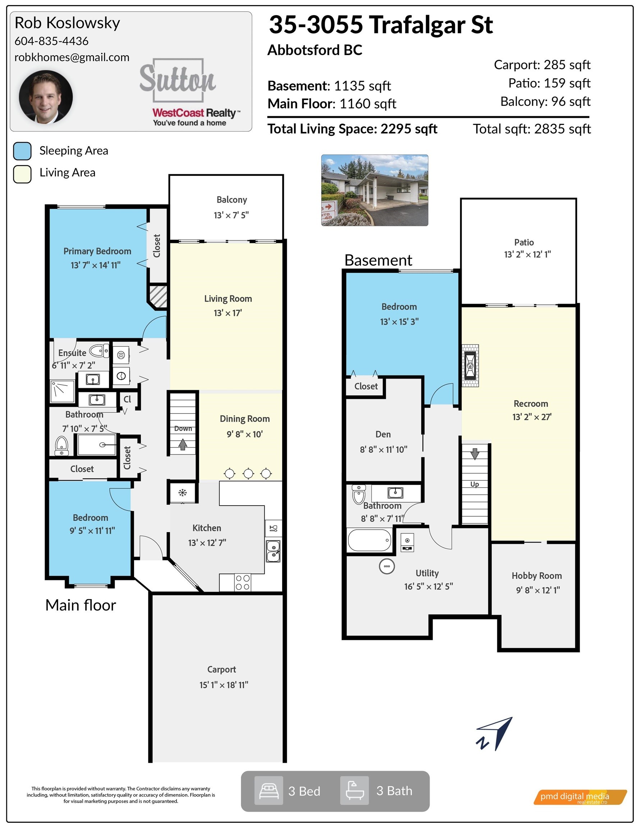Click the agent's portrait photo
46,97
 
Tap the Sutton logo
178,80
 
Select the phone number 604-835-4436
51,41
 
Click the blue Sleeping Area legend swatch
22,151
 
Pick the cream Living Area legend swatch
22,174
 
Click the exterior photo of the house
375,190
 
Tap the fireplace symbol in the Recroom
470,366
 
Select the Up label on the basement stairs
475,484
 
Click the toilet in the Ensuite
99,350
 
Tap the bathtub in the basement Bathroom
370,540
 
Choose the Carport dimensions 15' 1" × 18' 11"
224,685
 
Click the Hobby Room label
537,576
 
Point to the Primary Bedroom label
97,251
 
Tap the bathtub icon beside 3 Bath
354,791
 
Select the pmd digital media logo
580,797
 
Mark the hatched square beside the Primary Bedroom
157,296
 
